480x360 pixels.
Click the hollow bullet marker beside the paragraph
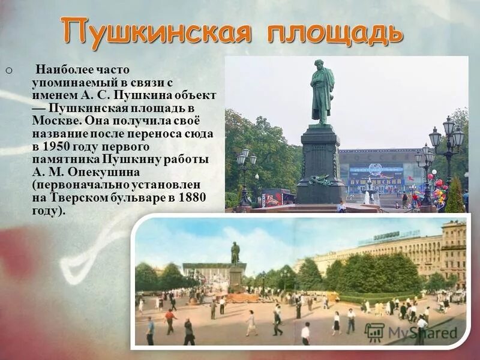pos(8,71)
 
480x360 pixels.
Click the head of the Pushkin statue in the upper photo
pos(320,66)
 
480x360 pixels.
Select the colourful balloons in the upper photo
pos(440,191)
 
